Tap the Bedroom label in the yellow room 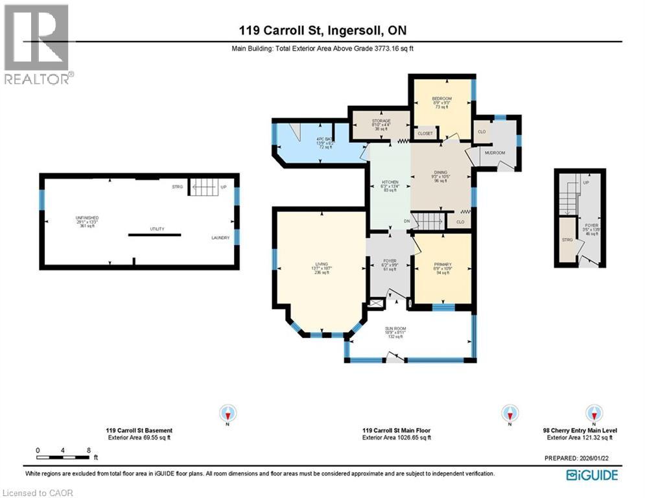click(441, 99)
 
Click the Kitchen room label click(389, 182)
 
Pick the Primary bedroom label click(443, 265)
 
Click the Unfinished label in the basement click(87, 218)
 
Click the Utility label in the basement click(157, 229)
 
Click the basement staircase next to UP click(204, 187)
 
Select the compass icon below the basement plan click(228, 413)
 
